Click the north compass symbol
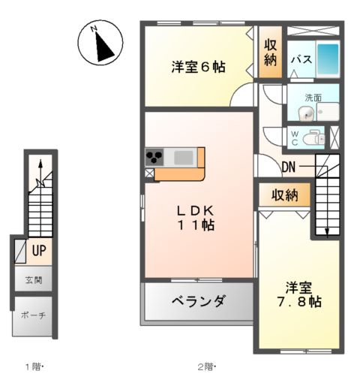[101, 44]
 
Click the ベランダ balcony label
[198, 302]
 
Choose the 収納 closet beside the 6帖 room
[270, 53]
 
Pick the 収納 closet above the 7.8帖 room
[285, 195]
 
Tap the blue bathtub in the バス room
[328, 58]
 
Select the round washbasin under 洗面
[305, 114]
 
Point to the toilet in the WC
[315, 137]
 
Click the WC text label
[295, 137]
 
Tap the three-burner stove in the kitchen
[155, 158]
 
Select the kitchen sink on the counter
[184, 158]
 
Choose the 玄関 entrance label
[34, 280]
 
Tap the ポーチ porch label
[34, 315]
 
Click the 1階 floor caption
[34, 367]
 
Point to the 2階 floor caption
[205, 367]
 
